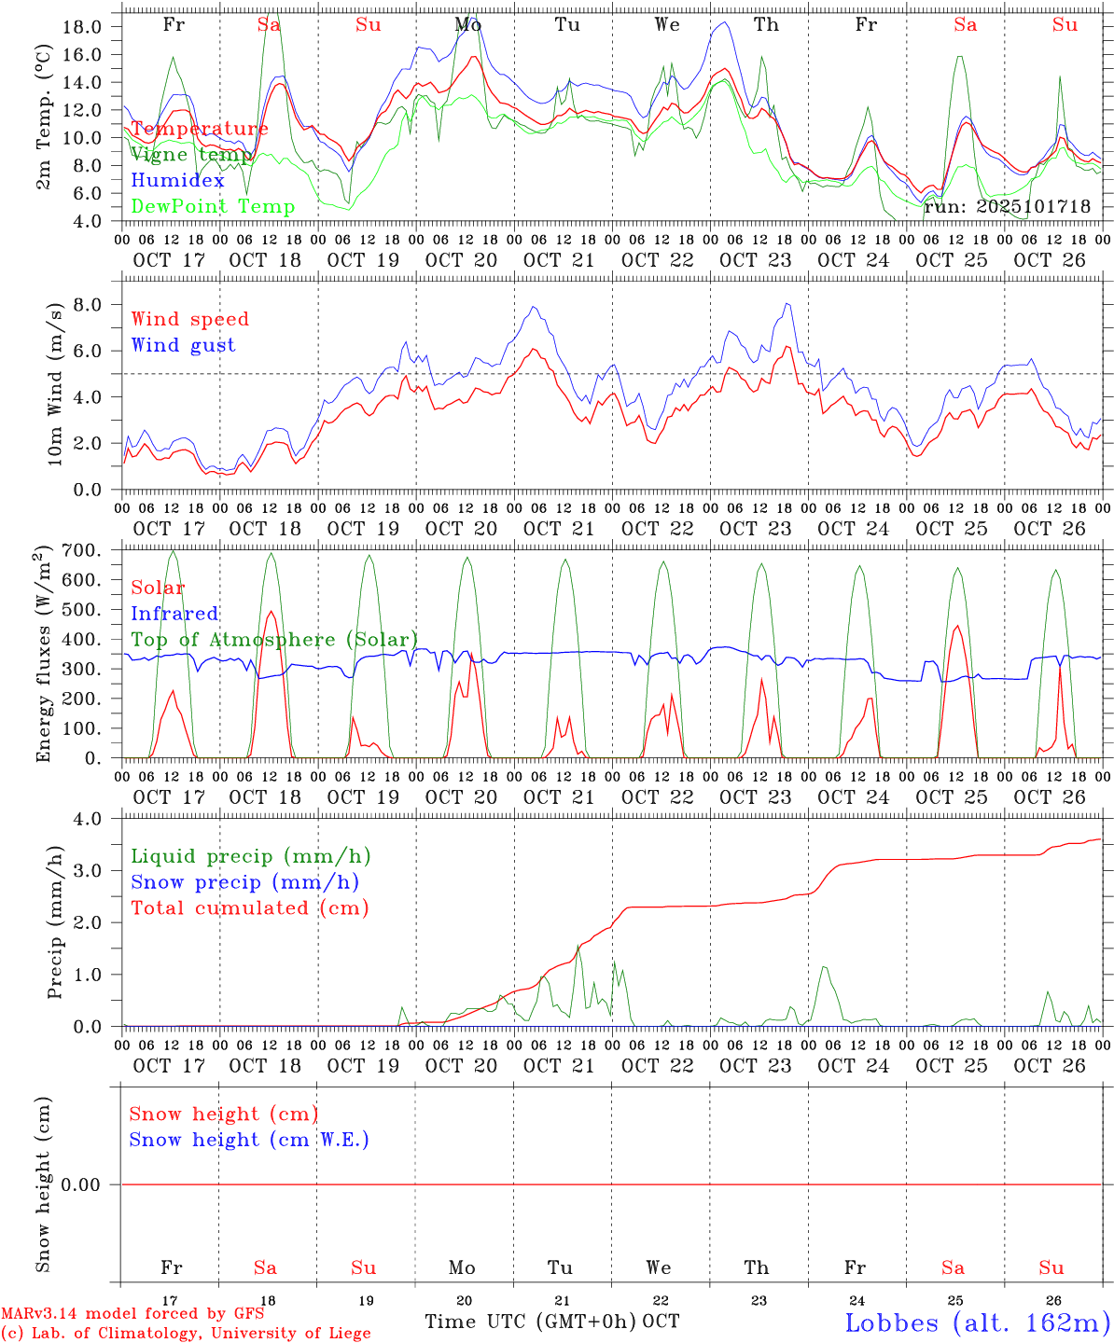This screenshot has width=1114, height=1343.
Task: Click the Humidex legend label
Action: pos(178,181)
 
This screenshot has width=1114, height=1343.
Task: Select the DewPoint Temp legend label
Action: pos(213,207)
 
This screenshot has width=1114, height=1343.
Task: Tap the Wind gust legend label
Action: pos(183,345)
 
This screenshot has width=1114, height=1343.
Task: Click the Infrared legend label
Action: pos(174,614)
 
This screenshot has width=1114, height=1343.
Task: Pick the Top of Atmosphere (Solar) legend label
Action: pos(274,640)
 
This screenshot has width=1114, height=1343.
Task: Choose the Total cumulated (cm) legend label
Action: pos(249,907)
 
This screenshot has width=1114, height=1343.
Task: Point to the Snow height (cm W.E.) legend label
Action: pos(249,1140)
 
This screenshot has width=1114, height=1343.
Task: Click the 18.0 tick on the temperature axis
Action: pos(83,26)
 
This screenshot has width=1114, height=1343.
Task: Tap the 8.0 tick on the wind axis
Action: pos(87,304)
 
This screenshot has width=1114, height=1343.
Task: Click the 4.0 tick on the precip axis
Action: pos(87,819)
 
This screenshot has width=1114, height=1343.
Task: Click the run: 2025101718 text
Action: pos(1008,207)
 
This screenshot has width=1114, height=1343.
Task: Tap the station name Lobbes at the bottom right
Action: pos(977,1322)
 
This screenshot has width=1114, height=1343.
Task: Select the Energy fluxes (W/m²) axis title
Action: pos(43,656)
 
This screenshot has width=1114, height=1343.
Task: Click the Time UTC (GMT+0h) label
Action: pos(531,1322)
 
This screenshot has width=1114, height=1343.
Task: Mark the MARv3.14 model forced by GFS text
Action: pos(132,1314)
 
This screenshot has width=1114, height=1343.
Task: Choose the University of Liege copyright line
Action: pos(186,1334)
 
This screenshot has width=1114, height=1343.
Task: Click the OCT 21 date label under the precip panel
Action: pos(559,1066)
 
